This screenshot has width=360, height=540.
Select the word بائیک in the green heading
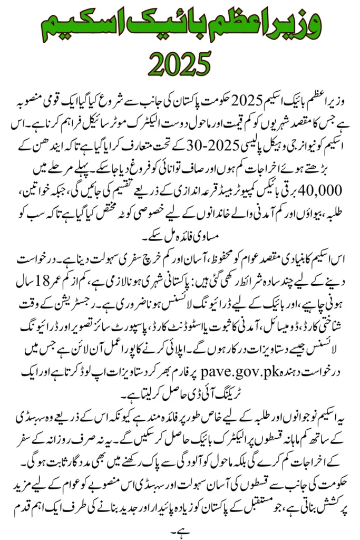coord(173,24)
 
